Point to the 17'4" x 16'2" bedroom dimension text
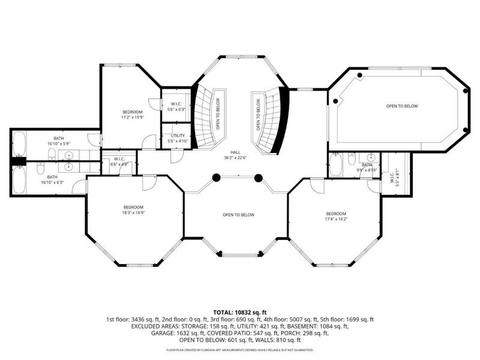336,219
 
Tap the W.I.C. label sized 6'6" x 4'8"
119,164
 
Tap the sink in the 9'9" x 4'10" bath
365,165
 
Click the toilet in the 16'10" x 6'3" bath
40,170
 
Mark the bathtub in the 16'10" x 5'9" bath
18,144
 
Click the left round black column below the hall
216,178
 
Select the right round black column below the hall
259,178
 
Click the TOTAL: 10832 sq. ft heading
239,313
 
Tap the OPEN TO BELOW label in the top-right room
401,106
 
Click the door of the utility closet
175,155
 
